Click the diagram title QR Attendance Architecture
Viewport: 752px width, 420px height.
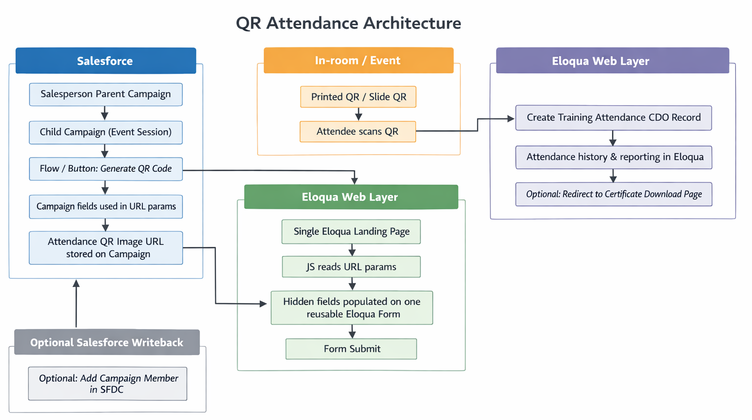tap(348, 23)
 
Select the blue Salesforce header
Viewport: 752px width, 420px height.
tap(105, 61)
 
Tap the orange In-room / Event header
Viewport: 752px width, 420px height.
tap(358, 60)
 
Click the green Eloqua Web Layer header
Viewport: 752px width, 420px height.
tap(351, 197)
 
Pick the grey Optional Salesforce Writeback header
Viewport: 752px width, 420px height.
tap(107, 342)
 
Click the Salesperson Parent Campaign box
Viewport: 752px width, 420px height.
tap(106, 94)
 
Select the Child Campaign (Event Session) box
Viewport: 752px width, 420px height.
tap(106, 132)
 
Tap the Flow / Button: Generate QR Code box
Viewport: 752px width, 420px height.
tap(106, 169)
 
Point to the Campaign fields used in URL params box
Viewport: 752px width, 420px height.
tap(106, 206)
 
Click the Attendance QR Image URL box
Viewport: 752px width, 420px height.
tap(106, 247)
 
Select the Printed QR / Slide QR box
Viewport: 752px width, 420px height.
tap(358, 97)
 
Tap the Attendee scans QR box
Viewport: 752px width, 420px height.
tap(357, 132)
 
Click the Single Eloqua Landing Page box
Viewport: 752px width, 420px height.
tap(351, 231)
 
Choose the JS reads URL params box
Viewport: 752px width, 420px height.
tap(351, 266)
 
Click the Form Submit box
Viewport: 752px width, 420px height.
tap(351, 349)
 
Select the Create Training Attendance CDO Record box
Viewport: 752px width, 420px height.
tap(613, 117)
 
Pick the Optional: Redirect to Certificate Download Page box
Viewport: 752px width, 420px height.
tap(613, 194)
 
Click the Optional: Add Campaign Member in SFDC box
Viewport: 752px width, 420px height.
tap(108, 384)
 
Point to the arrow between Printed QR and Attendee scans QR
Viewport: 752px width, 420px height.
tap(358, 114)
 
